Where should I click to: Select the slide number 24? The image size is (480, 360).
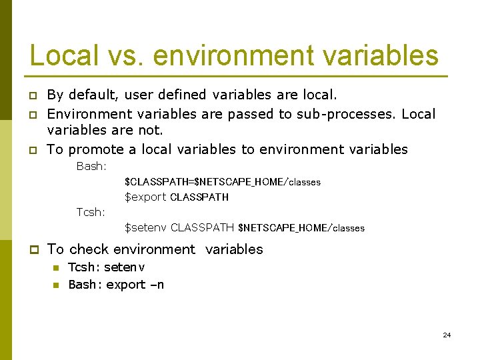pyautogui.click(x=447, y=335)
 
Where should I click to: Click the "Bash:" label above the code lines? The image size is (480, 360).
pyautogui.click(x=91, y=166)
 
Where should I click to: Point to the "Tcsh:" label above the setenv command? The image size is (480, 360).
pyautogui.click(x=91, y=212)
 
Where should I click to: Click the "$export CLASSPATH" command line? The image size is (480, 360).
pyautogui.click(x=177, y=197)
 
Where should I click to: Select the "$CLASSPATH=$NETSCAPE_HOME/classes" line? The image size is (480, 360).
pyautogui.click(x=223, y=182)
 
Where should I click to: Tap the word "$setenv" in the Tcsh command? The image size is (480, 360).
pyautogui.click(x=146, y=228)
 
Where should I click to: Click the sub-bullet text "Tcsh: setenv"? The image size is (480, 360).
pyautogui.click(x=107, y=267)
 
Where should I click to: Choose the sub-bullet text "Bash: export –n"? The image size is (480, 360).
pyautogui.click(x=116, y=285)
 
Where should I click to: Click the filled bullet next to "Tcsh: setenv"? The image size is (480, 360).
pyautogui.click(x=56, y=268)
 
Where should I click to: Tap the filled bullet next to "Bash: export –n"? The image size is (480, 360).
pyautogui.click(x=56, y=285)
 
